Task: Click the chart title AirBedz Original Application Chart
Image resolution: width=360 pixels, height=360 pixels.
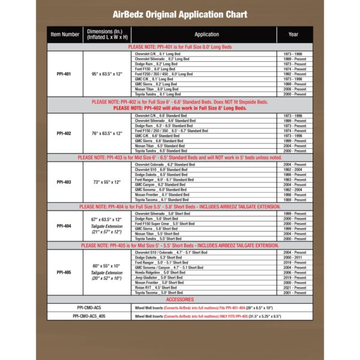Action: tap(179, 14)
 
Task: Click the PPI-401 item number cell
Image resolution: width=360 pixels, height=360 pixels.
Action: tap(64, 74)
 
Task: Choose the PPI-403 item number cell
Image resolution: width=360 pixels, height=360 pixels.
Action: tap(64, 181)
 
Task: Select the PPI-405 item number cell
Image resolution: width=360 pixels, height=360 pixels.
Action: tap(64, 272)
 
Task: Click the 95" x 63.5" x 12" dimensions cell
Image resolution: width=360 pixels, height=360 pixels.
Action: tap(107, 74)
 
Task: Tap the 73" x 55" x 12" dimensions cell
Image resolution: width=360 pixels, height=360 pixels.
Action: tap(107, 181)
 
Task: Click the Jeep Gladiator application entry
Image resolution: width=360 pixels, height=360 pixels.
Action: tap(159, 277)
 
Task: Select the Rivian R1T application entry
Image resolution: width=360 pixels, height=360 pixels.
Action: tap(157, 287)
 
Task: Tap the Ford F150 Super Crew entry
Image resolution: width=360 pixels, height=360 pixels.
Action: tap(163, 224)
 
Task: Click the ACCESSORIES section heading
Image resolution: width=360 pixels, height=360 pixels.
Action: tap(180, 299)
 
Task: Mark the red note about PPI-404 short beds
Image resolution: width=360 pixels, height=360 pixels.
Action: tap(180, 206)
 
